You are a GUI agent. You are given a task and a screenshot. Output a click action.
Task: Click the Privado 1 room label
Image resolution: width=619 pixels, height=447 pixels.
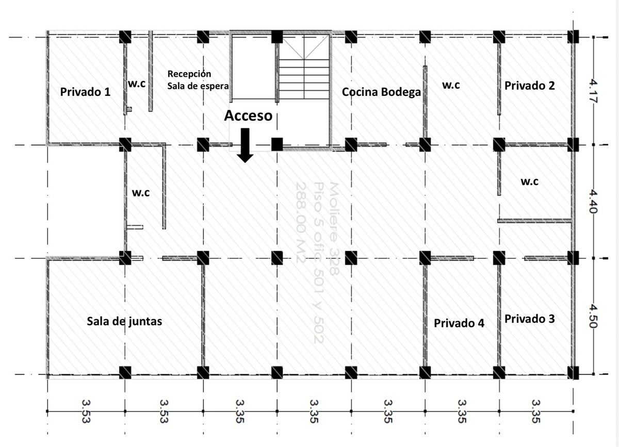pos(85,92)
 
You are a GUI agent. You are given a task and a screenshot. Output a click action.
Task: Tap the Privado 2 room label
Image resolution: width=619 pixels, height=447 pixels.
pos(529,86)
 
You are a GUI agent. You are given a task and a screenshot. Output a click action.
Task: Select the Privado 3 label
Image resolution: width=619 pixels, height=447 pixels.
pos(529,319)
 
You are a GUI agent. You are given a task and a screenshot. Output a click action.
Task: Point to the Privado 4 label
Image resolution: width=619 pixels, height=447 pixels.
pos(459,323)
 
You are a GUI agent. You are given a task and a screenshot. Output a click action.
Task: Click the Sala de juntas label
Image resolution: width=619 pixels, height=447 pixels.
pos(124,321)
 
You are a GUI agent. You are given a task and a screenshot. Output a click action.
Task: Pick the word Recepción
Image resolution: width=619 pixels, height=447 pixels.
pos(189,74)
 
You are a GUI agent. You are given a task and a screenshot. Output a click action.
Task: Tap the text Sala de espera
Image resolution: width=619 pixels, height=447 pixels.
pos(198,86)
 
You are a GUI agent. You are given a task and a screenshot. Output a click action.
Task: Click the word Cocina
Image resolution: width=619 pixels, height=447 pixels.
pos(360,92)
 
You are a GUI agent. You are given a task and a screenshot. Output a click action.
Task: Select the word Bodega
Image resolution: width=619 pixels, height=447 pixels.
pos(401,92)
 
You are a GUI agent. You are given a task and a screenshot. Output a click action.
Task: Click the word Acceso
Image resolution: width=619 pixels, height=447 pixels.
pos(248,115)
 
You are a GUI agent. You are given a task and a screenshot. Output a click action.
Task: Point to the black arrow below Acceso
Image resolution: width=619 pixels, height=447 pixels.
pos(245,145)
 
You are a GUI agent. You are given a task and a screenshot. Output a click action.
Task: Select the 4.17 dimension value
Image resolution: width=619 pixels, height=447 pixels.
pos(593,91)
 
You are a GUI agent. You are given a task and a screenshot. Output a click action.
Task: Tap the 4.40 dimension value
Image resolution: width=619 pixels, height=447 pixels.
pos(593,201)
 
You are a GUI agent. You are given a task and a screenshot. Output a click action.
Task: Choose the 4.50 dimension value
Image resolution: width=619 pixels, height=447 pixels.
pos(593,316)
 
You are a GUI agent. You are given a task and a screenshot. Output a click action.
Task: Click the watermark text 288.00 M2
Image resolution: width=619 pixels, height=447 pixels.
pos(301,223)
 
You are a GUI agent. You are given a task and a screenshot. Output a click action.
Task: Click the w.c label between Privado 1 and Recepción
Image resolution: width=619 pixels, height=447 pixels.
pos(137,83)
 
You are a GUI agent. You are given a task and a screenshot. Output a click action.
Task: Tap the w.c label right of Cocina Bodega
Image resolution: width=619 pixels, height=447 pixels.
pos(451,85)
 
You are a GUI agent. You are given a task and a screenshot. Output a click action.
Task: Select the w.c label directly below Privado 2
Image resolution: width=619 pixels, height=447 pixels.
pos(529,181)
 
